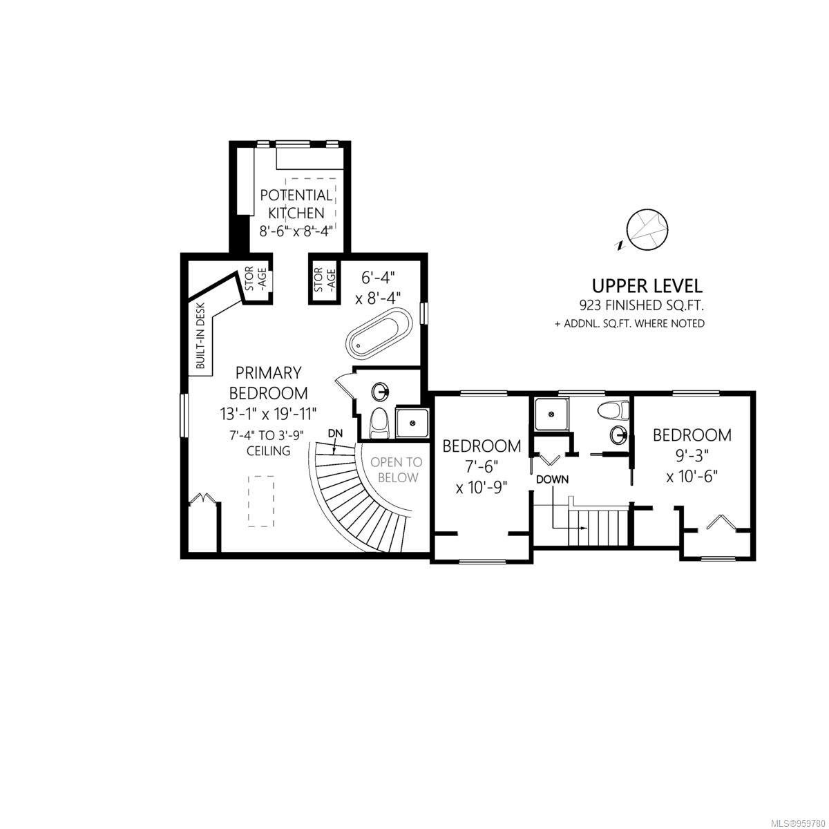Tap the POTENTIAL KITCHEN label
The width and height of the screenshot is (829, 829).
click(296, 204)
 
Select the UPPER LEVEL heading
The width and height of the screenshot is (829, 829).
click(647, 286)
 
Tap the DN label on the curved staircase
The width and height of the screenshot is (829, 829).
click(336, 433)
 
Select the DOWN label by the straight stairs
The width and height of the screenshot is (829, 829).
click(553, 479)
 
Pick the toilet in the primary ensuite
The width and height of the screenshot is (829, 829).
click(379, 423)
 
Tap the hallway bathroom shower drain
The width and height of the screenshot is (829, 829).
click(550, 414)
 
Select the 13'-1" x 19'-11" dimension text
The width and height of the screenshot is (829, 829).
click(269, 414)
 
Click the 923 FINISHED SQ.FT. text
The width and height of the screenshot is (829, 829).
click(641, 306)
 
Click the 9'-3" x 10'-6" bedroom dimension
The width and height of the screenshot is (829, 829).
click(692, 466)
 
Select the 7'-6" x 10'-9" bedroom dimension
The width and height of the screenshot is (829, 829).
click(482, 477)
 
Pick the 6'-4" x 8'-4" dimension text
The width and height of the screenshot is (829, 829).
click(378, 288)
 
